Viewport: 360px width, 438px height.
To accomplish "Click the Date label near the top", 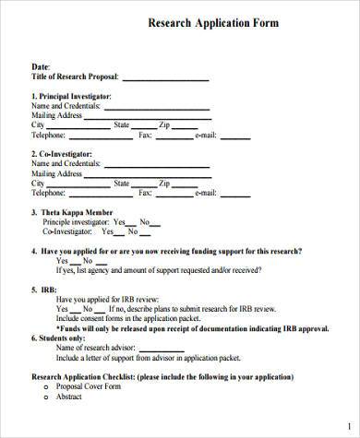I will [41, 66].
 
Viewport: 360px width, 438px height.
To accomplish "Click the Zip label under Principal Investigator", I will [164, 124].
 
